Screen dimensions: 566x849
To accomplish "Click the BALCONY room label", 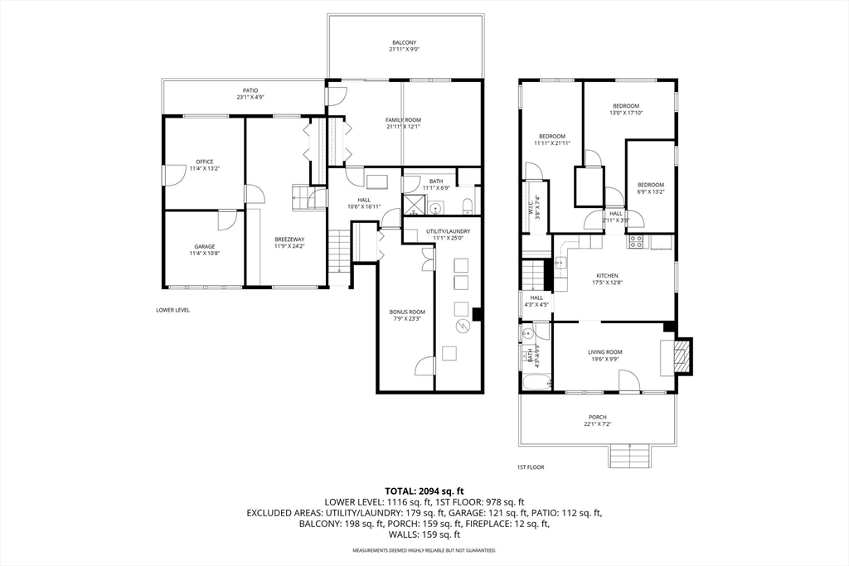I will (404, 42).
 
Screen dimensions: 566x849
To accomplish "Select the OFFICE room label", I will (204, 162).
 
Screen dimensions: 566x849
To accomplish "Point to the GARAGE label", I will (204, 246).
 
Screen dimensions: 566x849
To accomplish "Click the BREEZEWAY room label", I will (289, 240).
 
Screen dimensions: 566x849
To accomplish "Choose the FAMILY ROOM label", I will (403, 120).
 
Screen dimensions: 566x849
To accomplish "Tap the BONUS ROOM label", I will (407, 312).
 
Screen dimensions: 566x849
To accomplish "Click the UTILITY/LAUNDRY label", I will (448, 231).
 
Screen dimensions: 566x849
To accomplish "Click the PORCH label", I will (597, 417).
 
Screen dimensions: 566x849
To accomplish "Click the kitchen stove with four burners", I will (636, 242).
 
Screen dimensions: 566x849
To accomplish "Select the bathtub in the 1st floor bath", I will (536, 384).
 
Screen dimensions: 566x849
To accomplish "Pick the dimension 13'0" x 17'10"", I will (626, 113).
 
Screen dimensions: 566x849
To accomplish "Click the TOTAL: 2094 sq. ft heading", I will (424, 491).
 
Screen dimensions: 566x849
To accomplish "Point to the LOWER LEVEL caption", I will (172, 310).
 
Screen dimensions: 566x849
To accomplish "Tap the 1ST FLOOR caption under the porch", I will (531, 467).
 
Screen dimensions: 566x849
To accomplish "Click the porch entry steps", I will (630, 456).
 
